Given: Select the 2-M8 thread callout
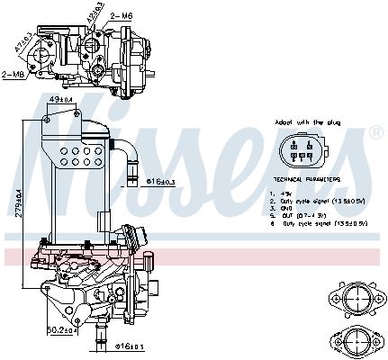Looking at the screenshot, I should (x=14, y=75).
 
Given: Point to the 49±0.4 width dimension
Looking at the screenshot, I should (x=60, y=100).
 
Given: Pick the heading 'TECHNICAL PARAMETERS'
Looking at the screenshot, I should (x=301, y=180).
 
